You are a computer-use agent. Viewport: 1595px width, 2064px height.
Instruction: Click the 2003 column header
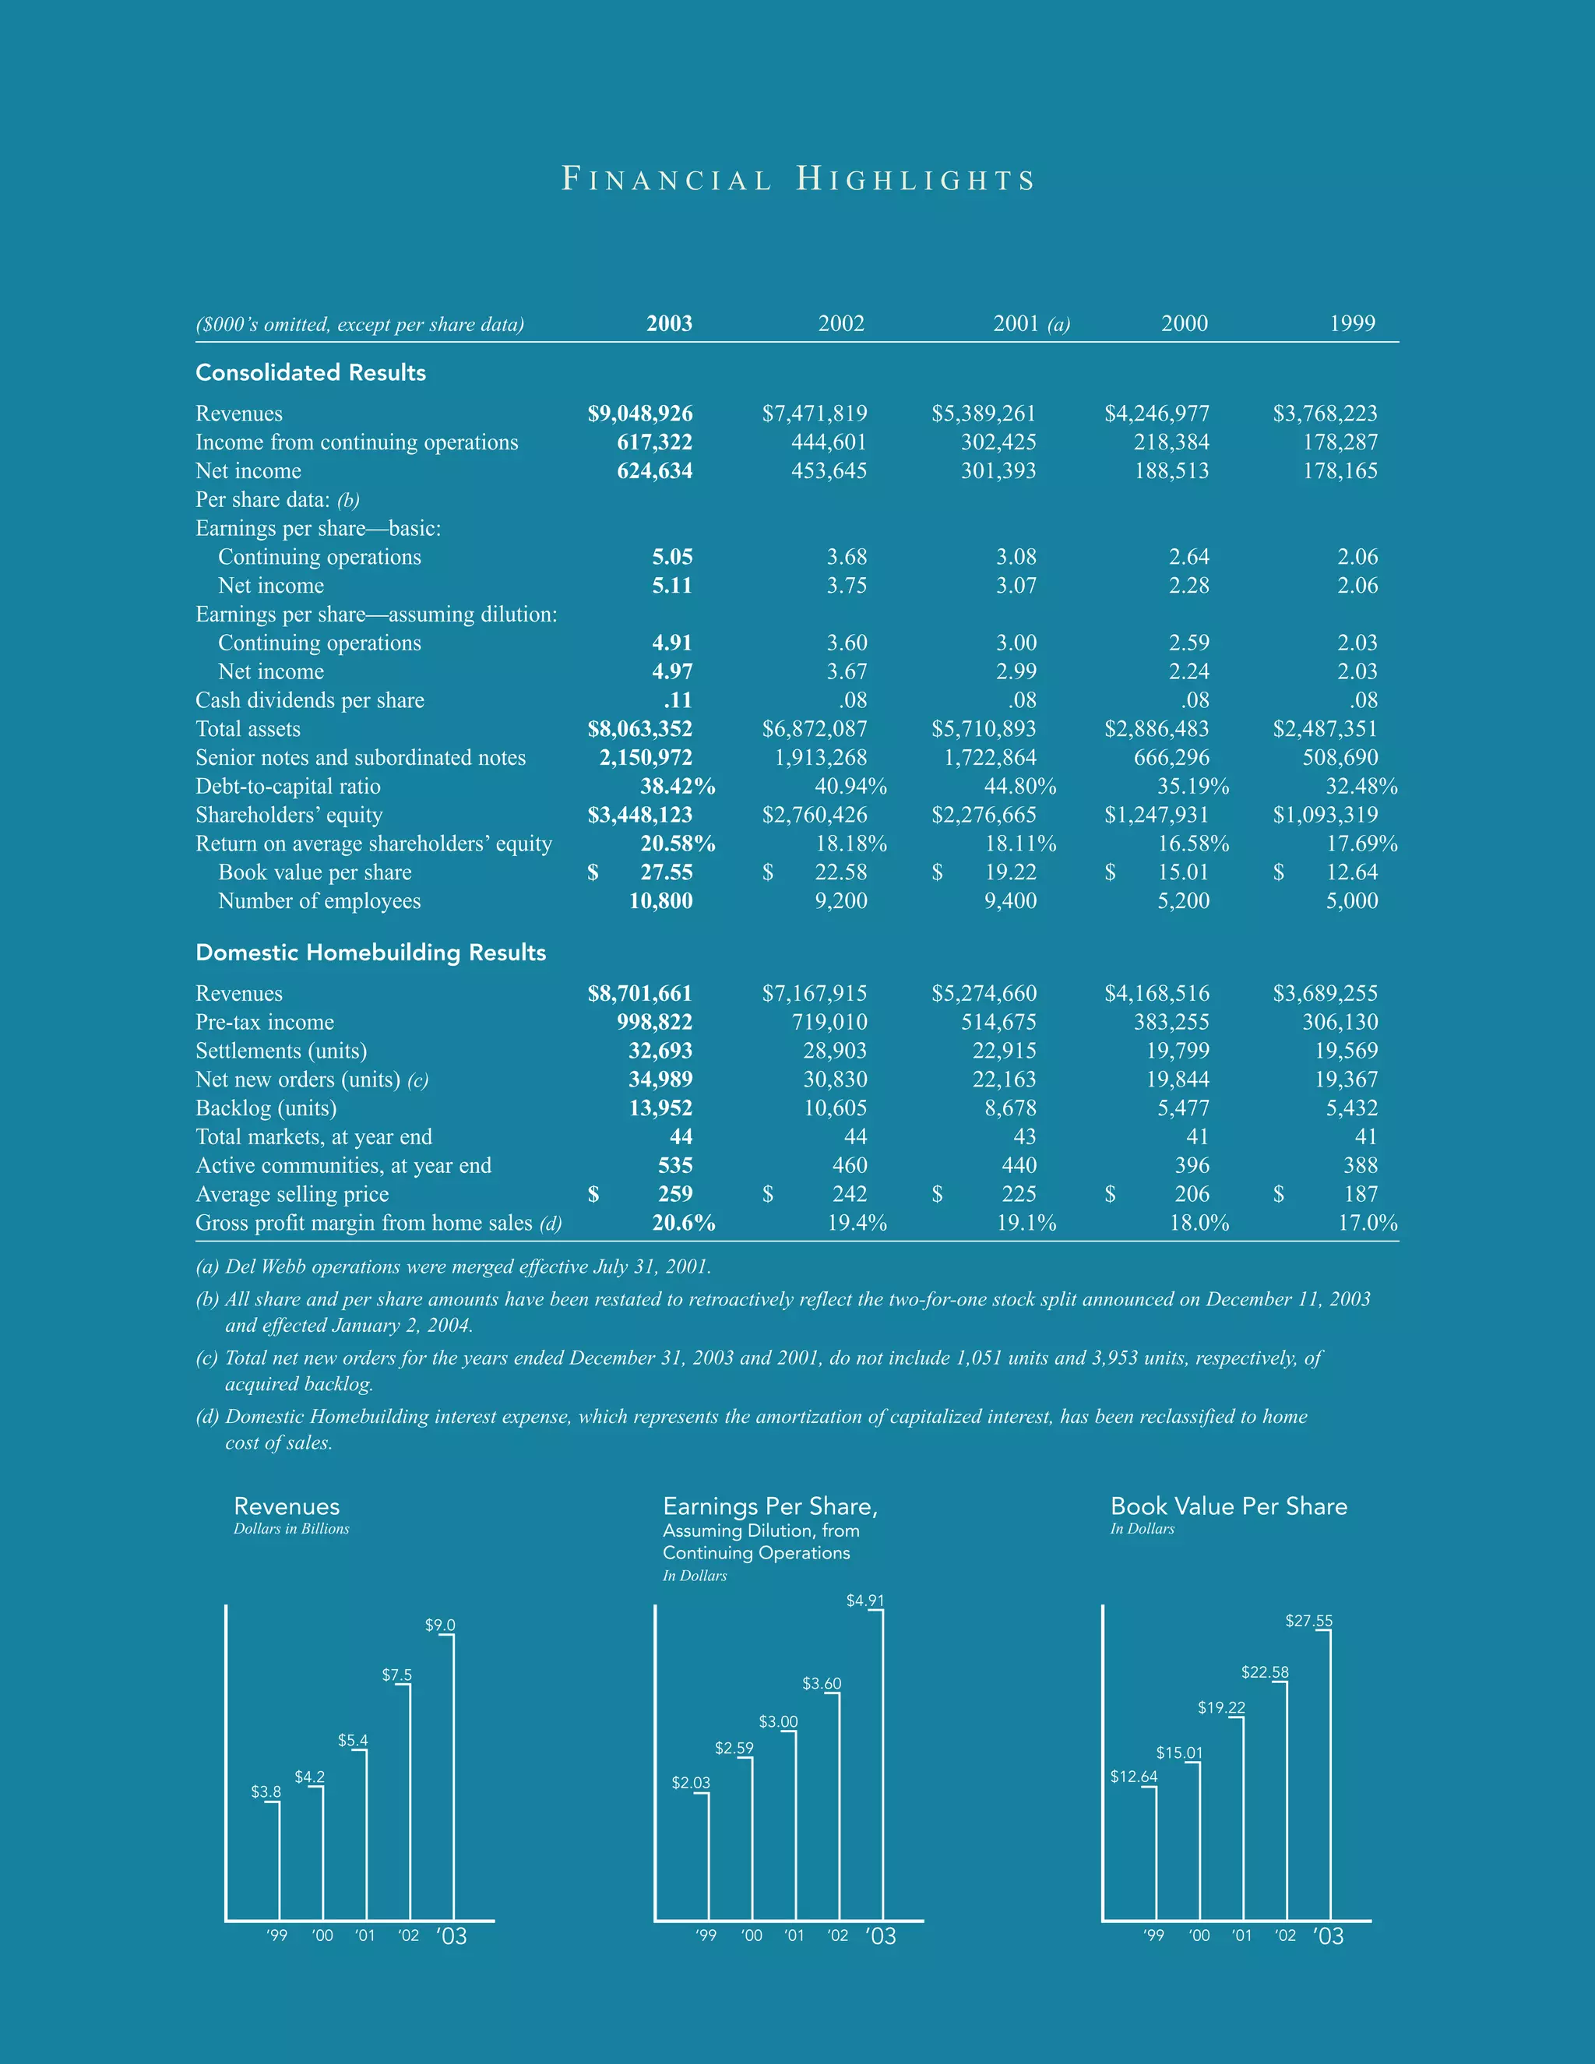tap(669, 323)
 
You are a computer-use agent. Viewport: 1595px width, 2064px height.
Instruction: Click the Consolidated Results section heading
tap(310, 372)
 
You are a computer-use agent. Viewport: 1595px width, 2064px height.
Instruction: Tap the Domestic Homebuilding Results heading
tap(371, 952)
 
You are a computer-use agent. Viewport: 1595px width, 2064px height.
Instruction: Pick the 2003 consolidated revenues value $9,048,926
tap(639, 413)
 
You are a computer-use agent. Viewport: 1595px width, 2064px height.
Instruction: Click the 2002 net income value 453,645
tap(829, 470)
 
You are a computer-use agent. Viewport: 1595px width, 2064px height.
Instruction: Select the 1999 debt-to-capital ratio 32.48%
tap(1361, 787)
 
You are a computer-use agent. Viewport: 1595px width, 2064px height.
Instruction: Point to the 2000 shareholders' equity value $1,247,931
tap(1157, 815)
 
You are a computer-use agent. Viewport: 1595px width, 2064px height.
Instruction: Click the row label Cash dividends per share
tap(309, 700)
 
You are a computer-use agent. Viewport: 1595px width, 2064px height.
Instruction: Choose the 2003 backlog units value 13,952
tap(660, 1108)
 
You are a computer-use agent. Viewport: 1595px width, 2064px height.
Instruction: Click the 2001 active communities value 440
tap(1019, 1165)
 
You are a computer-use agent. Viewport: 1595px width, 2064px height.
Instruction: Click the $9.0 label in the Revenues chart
tap(439, 1625)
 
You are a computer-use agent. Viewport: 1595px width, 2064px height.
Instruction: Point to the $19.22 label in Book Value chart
tap(1221, 1708)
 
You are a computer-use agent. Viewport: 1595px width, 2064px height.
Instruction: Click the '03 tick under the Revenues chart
tap(452, 1936)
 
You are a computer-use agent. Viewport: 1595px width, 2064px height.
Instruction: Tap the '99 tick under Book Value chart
tap(1153, 1935)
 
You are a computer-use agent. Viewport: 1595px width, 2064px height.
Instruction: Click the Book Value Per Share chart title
tap(1228, 1506)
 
